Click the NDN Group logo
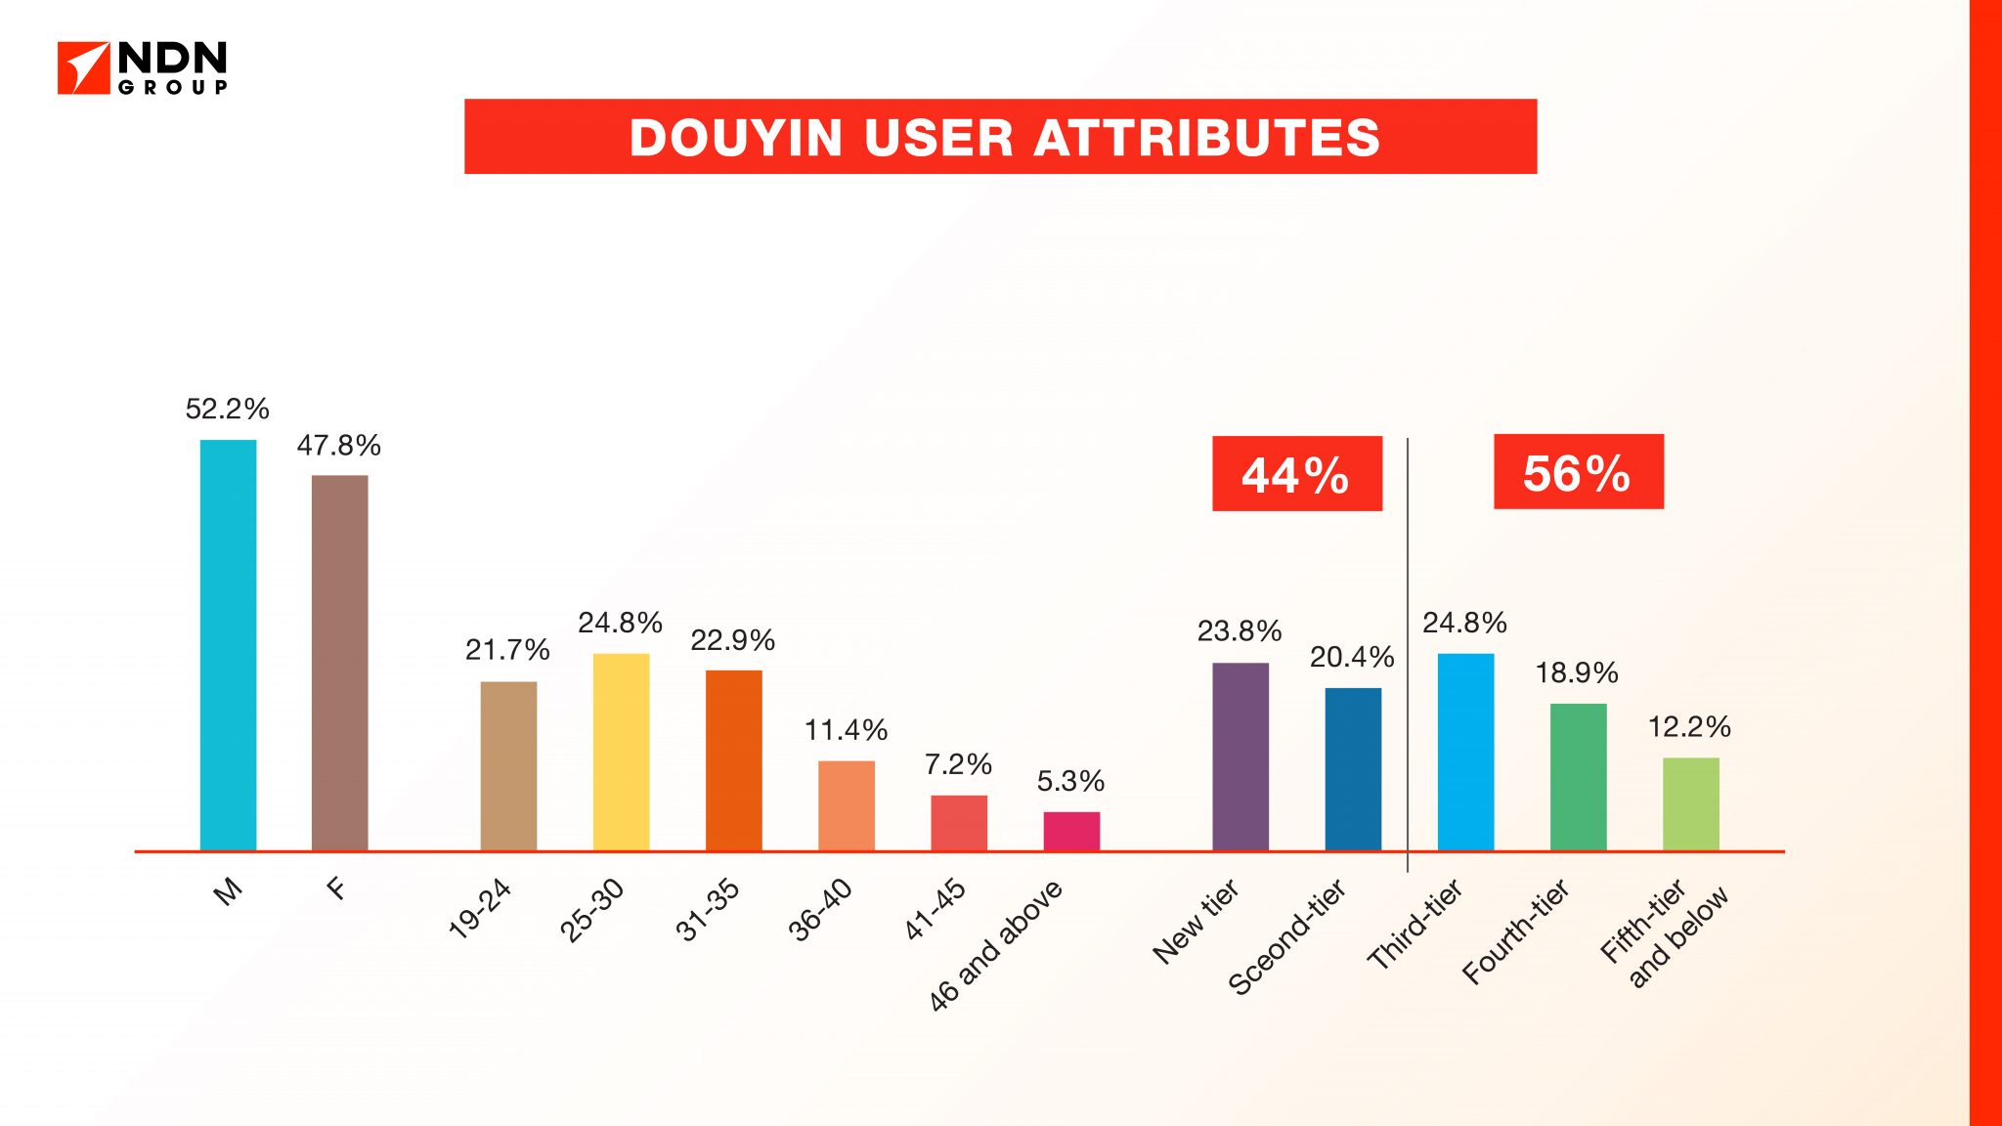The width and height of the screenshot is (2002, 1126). pos(143,67)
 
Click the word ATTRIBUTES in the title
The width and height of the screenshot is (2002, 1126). pos(1206,138)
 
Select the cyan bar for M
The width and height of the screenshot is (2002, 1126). pos(228,645)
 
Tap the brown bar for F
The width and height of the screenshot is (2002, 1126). pos(339,663)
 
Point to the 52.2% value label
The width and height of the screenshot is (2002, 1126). pos(227,409)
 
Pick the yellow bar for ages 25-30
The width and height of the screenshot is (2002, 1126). pos(621,752)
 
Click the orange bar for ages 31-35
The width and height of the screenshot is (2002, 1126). pos(733,759)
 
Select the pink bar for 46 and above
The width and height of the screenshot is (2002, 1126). pos(1070,831)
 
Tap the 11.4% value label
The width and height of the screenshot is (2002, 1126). pos(846,730)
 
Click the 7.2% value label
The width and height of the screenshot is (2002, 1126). pos(958,764)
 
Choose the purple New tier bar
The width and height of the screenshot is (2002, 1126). pos(1240,757)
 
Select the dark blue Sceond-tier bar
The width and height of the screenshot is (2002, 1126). pos(1353,768)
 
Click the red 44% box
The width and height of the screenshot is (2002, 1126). pos(1296,474)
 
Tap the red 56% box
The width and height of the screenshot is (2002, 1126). pos(1578,472)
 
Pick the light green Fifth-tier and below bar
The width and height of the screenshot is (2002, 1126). pos(1690,803)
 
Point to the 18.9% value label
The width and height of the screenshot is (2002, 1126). pos(1577,672)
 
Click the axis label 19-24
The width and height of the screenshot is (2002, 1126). pos(479,909)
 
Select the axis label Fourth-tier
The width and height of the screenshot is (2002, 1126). pos(1515,931)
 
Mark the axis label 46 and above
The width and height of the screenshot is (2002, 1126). pos(995,944)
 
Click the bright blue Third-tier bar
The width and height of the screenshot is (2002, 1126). pos(1465,752)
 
